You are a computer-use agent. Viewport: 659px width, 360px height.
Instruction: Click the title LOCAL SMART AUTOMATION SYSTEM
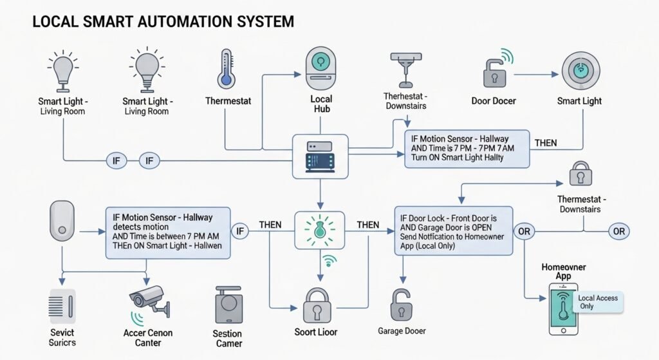click(163, 21)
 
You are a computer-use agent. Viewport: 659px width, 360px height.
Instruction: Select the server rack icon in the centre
click(320, 156)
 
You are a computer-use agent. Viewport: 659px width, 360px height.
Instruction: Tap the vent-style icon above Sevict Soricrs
click(62, 306)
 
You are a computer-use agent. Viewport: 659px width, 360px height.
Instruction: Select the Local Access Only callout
click(598, 302)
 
